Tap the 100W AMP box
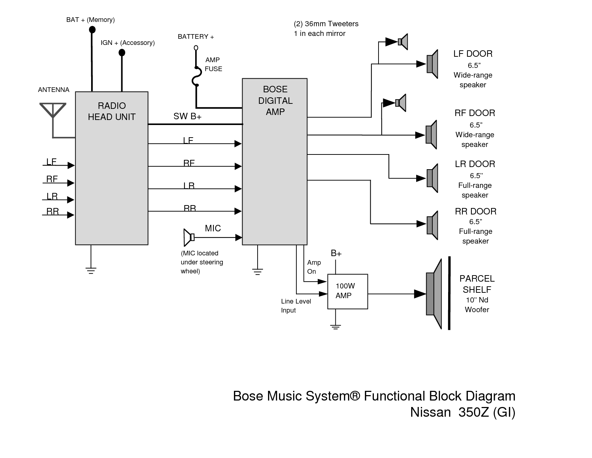(x=347, y=291)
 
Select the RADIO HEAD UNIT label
(x=112, y=111)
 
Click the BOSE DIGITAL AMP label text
(x=275, y=101)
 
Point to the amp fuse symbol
(x=196, y=77)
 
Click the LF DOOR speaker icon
(x=432, y=64)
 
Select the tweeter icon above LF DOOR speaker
(x=403, y=42)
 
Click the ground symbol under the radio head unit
(x=91, y=270)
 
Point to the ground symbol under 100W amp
(x=335, y=327)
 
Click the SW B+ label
(x=187, y=116)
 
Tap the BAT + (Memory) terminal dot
(x=92, y=30)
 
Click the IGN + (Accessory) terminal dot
(x=122, y=53)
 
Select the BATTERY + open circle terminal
(x=196, y=47)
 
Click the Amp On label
(x=314, y=267)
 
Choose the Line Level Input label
(x=296, y=306)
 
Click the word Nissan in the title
(x=430, y=412)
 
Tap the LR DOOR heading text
(x=475, y=164)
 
